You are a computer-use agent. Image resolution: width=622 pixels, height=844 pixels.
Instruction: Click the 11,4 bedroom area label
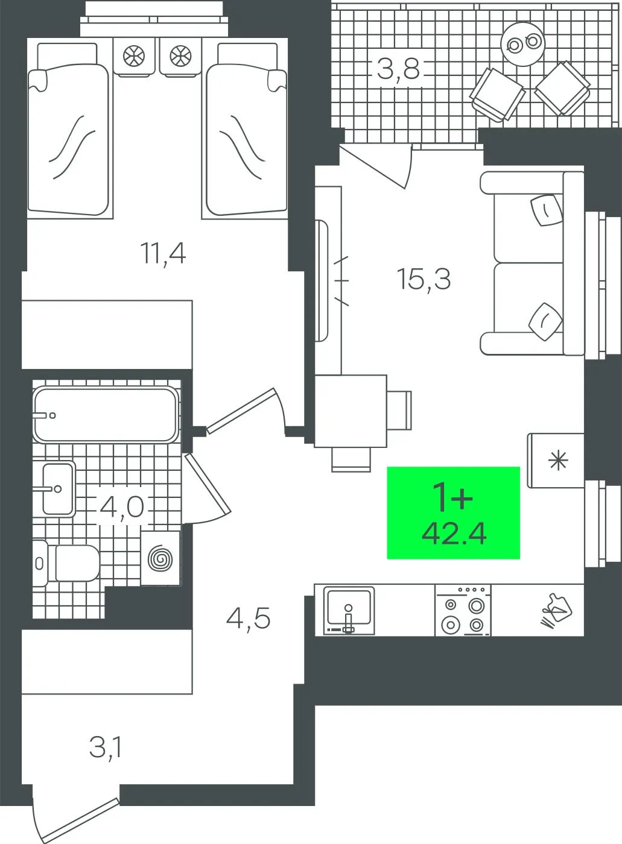163,254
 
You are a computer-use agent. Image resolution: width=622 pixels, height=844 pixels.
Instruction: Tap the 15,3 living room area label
424,279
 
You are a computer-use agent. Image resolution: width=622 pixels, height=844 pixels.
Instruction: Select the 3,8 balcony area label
398,69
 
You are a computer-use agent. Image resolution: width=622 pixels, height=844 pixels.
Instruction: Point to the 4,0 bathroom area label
122,508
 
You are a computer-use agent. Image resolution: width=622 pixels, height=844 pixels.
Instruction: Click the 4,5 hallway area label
249,619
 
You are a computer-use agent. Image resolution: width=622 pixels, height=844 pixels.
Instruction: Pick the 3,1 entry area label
105,748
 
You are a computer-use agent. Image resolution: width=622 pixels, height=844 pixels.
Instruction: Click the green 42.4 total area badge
454,513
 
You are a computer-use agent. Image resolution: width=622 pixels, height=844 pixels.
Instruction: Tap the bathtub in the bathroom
106,415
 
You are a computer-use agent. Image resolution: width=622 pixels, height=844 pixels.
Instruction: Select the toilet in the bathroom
66,563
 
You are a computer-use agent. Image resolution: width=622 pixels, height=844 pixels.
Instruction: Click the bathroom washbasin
58,489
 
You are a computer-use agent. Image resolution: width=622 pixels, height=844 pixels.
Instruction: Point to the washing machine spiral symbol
160,558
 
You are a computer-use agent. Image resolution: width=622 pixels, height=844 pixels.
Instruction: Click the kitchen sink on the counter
349,610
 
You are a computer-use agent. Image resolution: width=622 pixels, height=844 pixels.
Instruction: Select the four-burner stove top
463,610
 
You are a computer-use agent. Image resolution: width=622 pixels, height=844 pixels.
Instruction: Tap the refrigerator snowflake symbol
559,461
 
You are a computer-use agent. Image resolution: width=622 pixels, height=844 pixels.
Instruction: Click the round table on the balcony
523,44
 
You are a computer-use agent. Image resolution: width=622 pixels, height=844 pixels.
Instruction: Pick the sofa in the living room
532,263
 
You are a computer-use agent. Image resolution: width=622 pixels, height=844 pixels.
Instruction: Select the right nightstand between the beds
180,57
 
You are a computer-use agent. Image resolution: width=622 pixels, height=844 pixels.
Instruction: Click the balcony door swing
377,166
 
